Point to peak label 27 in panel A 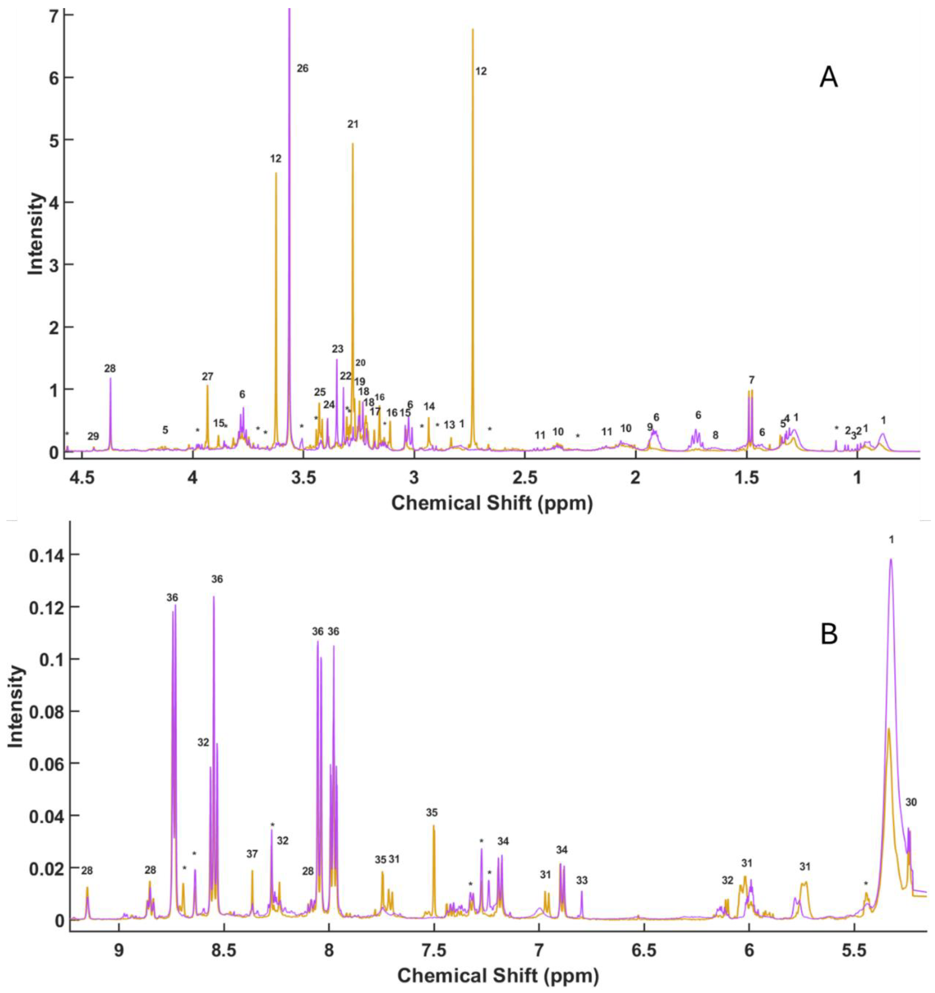click(x=207, y=376)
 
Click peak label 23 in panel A click(x=337, y=349)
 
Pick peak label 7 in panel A click(x=751, y=380)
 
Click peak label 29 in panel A click(x=93, y=436)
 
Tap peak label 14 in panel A click(x=429, y=406)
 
